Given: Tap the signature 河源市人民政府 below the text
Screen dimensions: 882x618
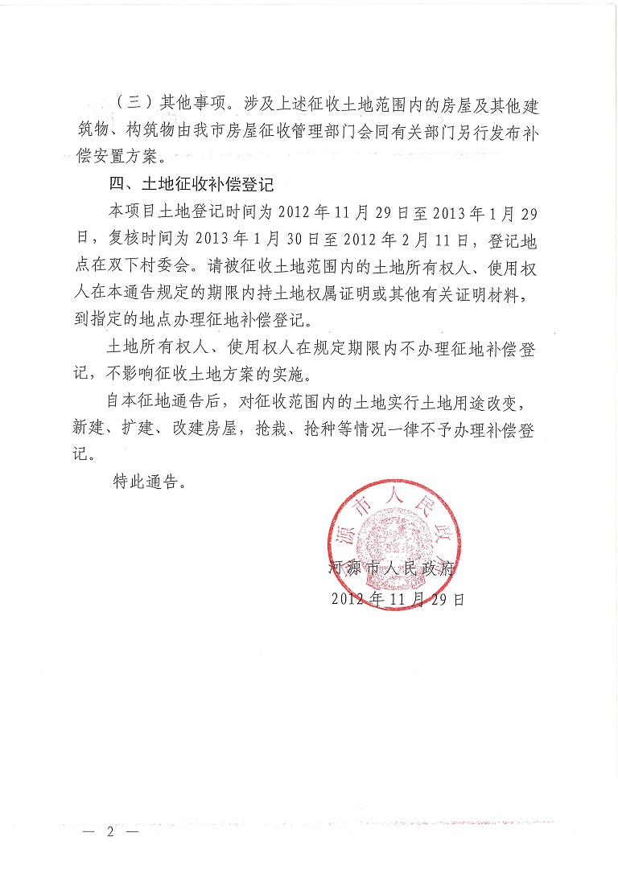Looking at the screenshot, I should click(393, 569).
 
